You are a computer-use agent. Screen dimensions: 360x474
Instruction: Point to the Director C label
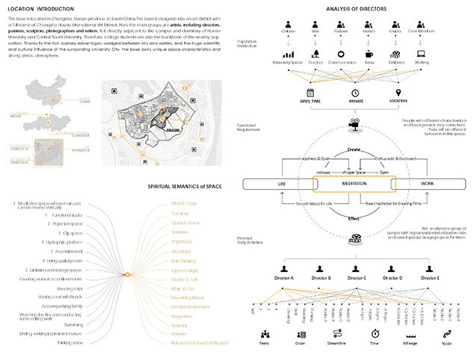click(354, 278)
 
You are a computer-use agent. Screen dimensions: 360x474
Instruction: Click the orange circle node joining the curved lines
click(128, 275)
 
